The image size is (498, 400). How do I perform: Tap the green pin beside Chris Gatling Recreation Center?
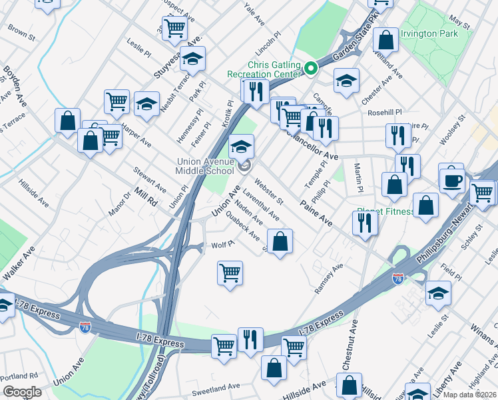point(310,68)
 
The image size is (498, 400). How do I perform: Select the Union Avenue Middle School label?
point(206,165)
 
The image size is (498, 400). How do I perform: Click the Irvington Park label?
point(429,33)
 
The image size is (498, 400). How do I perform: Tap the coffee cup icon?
point(451,179)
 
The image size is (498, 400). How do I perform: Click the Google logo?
point(21,392)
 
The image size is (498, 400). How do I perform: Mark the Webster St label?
point(270,190)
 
